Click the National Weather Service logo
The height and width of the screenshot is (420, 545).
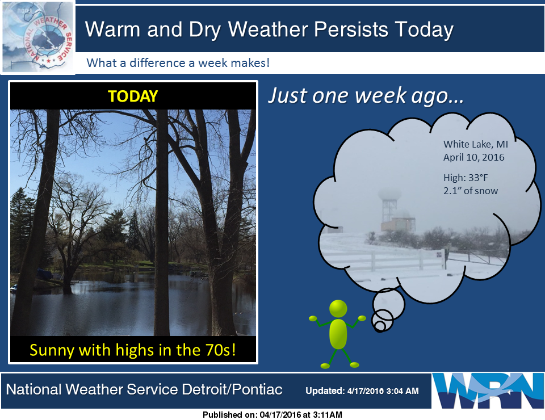(37, 37)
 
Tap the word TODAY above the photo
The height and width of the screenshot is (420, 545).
(133, 96)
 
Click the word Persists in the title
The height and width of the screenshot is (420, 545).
(351, 29)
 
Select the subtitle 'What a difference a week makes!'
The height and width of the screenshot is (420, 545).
(178, 63)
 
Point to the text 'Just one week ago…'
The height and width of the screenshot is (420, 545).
(366, 95)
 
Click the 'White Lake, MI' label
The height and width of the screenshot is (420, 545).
(476, 144)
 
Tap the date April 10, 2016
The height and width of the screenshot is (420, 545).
(473, 157)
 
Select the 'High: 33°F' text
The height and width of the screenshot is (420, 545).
(466, 178)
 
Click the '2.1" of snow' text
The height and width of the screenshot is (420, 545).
(471, 191)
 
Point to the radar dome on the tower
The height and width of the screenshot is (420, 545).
(389, 194)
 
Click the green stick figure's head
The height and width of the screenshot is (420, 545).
(338, 308)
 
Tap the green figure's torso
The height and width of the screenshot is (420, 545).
(338, 334)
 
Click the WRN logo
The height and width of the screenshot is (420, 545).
(487, 390)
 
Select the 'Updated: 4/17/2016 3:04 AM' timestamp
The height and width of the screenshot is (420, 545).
(362, 391)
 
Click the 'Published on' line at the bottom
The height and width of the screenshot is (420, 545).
(272, 415)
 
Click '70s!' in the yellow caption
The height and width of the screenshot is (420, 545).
(221, 350)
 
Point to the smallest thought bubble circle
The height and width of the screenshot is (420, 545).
(380, 326)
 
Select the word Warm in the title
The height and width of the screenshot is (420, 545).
(112, 29)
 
